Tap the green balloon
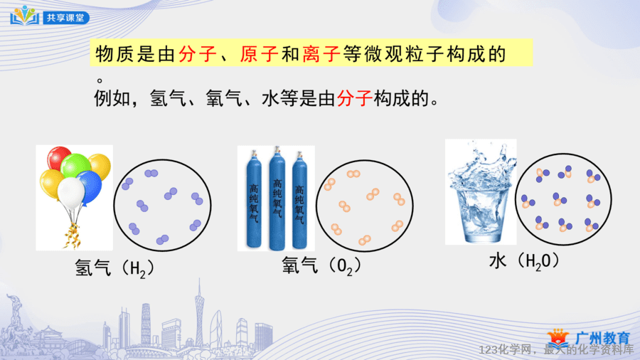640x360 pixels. click(x=75, y=164)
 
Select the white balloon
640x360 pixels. click(x=71, y=193)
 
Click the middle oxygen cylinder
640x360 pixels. click(x=277, y=198)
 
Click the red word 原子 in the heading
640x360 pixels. click(x=259, y=53)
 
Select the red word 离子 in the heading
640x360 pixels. click(x=321, y=53)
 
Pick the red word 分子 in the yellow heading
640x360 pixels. click(x=198, y=53)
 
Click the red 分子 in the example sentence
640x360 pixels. click(x=354, y=98)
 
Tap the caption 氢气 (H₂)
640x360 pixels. click(x=114, y=268)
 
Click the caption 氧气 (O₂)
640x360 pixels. click(x=321, y=265)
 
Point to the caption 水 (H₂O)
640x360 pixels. click(x=523, y=261)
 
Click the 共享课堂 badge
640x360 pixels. click(x=65, y=18)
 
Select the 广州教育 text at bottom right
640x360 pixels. click(x=602, y=338)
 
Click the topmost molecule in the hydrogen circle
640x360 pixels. click(x=151, y=174)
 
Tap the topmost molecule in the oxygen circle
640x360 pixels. click(x=353, y=174)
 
